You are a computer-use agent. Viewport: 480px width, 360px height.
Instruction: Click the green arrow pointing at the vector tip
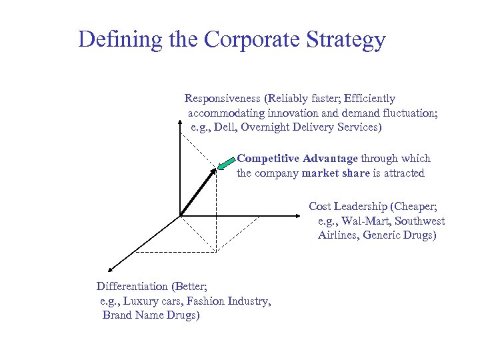[x=227, y=163]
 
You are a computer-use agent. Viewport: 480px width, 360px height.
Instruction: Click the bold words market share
[x=336, y=173]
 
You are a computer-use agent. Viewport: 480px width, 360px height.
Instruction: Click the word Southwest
[x=420, y=221]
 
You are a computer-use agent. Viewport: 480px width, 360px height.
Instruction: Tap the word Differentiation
[x=132, y=287]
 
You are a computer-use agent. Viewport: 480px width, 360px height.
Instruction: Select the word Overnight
[x=271, y=127]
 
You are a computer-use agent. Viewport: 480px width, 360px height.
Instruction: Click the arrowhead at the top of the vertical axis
[x=180, y=123]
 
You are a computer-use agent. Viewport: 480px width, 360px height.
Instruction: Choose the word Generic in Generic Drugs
[x=383, y=235]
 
